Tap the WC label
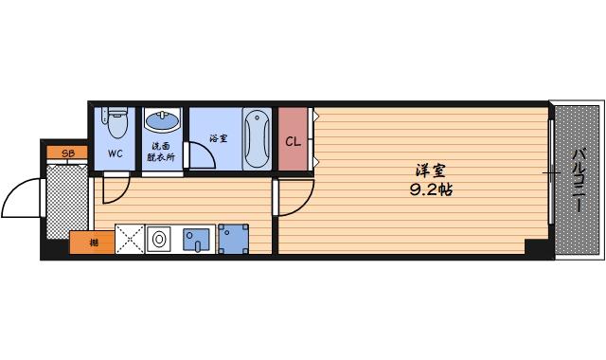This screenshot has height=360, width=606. [115, 153]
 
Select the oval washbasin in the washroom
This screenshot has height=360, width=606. [160, 121]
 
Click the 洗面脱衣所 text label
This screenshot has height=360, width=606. [161, 153]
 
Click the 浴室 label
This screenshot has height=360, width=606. [218, 138]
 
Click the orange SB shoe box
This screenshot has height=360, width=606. [67, 153]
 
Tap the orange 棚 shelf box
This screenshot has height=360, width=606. [93, 243]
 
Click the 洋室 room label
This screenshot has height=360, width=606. [431, 171]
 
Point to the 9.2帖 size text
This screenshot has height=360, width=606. [430, 189]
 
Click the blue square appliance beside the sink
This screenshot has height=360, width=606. [233, 239]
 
